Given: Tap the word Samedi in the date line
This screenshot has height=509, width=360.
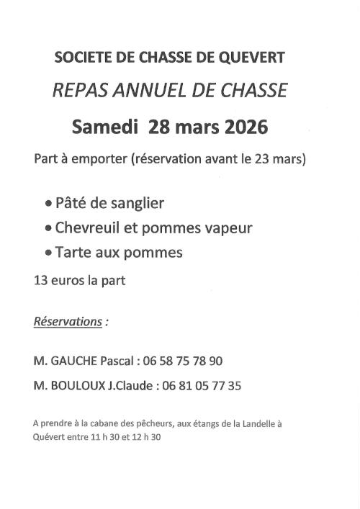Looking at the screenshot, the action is (x=105, y=127).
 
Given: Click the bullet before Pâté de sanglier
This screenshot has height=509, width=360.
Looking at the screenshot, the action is (x=48, y=204).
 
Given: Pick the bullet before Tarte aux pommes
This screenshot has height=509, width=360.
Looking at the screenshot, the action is (x=48, y=253).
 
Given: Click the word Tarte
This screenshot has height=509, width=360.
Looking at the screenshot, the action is (x=73, y=253).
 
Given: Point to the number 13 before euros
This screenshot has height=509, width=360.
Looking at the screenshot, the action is (x=41, y=280).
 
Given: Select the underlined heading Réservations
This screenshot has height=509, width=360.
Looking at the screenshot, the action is (x=68, y=321).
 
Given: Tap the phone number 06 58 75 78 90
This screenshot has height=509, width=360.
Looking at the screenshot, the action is (x=183, y=361).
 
